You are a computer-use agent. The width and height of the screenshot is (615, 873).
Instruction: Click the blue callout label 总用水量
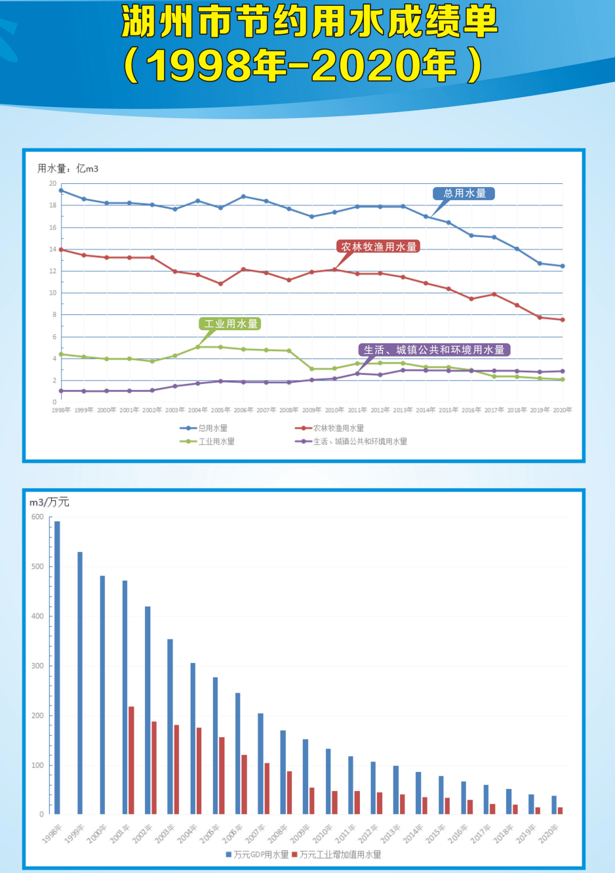click(x=464, y=194)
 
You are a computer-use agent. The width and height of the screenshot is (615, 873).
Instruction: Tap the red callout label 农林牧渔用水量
click(x=378, y=247)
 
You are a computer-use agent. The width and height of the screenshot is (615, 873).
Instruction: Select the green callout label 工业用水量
click(x=230, y=324)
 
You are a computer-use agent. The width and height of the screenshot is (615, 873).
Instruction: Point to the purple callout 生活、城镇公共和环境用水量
click(x=434, y=350)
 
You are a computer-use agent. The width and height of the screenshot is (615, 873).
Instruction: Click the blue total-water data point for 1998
click(x=61, y=190)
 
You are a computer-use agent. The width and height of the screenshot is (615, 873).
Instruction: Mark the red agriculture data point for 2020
click(x=563, y=320)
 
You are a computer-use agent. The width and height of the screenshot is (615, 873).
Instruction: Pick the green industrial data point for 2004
click(x=198, y=347)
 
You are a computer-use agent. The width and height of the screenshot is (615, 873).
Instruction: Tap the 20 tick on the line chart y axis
click(x=52, y=184)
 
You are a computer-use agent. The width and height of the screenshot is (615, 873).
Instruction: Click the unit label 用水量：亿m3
click(x=68, y=169)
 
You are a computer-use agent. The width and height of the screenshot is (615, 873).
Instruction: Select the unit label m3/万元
click(x=49, y=502)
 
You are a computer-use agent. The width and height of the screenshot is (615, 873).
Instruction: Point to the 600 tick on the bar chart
click(x=37, y=517)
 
